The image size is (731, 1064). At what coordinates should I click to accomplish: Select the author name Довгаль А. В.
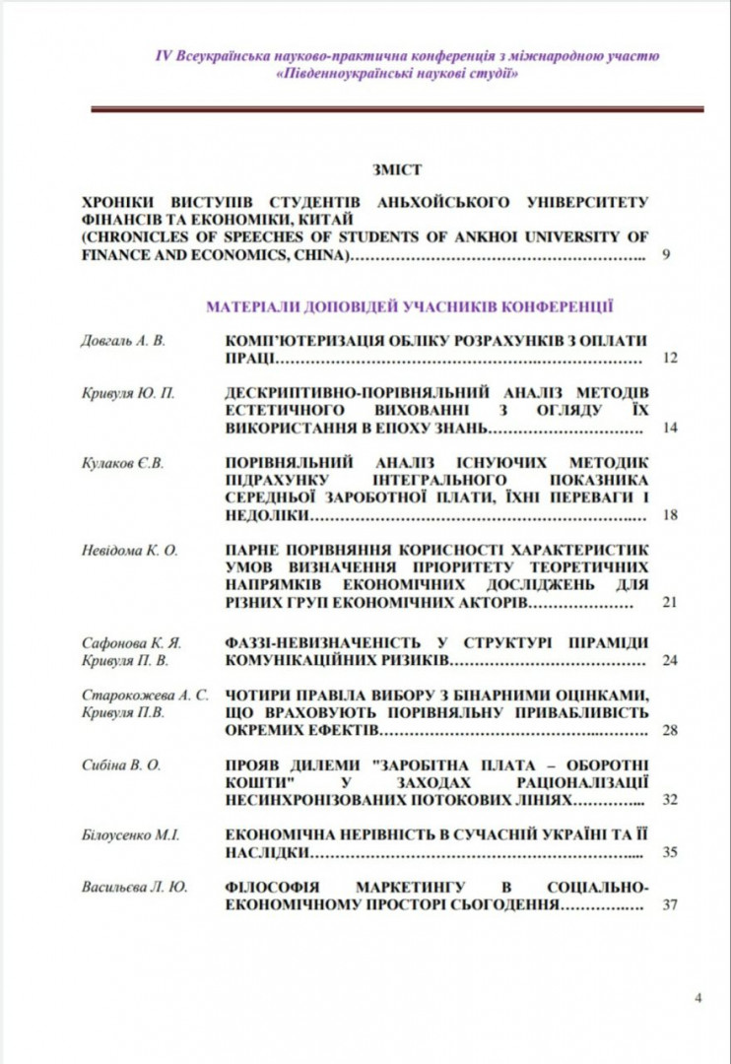[123, 341]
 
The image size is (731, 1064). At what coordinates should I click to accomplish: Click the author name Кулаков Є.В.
[122, 462]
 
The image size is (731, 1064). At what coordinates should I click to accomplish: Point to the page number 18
[670, 515]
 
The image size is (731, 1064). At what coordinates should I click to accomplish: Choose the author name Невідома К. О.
[129, 550]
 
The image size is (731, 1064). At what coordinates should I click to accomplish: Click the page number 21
[670, 602]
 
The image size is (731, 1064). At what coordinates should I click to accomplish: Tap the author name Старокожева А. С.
[145, 695]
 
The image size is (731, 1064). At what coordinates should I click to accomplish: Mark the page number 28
[670, 730]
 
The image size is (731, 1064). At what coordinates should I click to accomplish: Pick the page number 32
[670, 799]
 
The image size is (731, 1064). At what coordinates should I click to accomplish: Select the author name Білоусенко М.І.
[130, 834]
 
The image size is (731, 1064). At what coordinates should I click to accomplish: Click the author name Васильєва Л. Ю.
[134, 887]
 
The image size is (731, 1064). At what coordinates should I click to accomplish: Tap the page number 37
[670, 904]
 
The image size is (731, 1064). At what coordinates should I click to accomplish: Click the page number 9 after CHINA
[667, 255]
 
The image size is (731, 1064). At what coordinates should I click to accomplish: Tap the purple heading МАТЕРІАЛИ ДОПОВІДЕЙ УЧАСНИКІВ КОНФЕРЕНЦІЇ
[410, 306]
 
